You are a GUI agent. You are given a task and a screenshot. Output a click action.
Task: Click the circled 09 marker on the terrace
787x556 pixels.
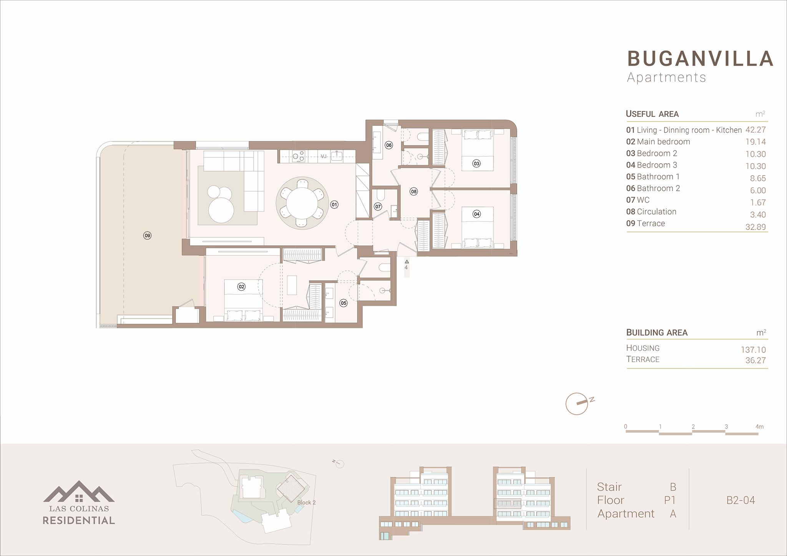tap(147, 235)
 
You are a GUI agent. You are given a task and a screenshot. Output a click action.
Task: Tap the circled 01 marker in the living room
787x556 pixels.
tap(334, 205)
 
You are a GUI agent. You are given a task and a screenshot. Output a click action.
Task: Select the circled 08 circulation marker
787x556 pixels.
tap(413, 192)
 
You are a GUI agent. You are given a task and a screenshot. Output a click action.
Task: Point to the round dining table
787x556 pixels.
tap(302, 203)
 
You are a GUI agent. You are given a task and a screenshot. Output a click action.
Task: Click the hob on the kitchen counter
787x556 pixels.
tap(298, 156)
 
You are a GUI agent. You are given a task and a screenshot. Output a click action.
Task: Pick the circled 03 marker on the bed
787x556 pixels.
tap(477, 164)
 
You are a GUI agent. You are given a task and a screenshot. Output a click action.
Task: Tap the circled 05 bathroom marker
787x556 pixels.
tap(344, 303)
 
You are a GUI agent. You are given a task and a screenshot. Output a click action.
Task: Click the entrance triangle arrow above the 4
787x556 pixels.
tap(407, 261)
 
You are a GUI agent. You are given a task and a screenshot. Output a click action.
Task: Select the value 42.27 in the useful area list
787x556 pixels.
tap(755, 130)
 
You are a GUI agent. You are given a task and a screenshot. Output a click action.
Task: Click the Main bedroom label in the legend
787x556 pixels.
tap(663, 142)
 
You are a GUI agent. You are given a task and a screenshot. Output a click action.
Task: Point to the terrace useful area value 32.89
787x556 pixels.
tap(755, 227)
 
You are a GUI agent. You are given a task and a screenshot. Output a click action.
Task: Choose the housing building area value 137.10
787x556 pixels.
tap(753, 350)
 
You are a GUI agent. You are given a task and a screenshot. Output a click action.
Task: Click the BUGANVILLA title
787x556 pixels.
tap(700, 59)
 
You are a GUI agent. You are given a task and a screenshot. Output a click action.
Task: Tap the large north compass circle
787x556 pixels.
tap(577, 404)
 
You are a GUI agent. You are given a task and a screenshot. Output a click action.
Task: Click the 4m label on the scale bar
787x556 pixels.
tap(759, 427)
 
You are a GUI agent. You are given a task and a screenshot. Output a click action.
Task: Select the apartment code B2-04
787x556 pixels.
tap(741, 500)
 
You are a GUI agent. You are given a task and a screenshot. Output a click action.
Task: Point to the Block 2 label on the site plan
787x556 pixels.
tap(306, 502)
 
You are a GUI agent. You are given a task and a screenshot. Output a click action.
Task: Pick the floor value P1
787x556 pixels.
tap(670, 500)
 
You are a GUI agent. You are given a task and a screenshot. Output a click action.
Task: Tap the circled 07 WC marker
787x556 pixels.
tap(378, 207)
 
